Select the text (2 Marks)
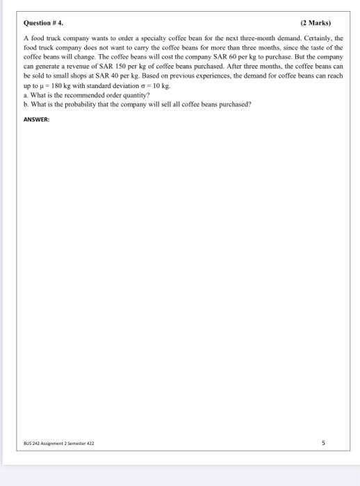click(316, 23)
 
